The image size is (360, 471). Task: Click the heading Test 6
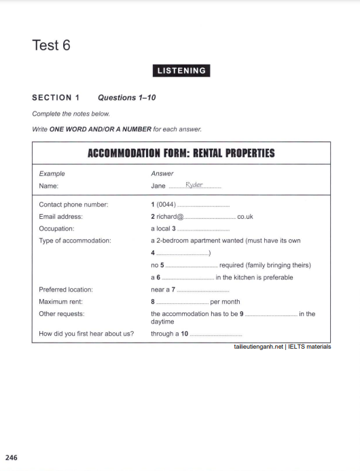(51, 46)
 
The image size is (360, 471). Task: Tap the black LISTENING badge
(180, 71)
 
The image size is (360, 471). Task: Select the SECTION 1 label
(56, 98)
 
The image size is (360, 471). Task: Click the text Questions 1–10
(127, 98)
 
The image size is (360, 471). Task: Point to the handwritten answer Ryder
(194, 186)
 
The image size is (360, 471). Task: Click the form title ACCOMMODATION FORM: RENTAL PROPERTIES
(181, 153)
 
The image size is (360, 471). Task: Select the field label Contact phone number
(73, 204)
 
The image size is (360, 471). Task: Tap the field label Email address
(61, 217)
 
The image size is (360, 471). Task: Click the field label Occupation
(57, 229)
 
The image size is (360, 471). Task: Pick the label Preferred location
(66, 290)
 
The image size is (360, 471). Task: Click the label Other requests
(62, 314)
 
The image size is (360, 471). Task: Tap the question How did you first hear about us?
(86, 334)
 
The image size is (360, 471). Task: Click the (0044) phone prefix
(166, 204)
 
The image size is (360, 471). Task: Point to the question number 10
(184, 334)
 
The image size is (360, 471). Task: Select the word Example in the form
(52, 173)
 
